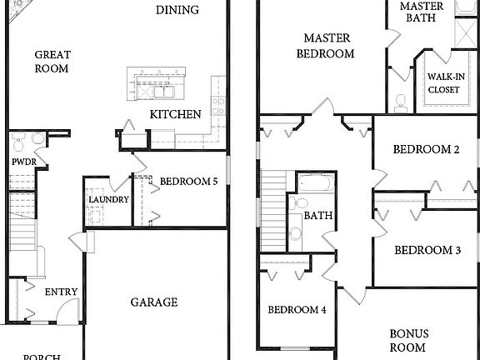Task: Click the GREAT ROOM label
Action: pos(52,62)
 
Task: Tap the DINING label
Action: pos(177,10)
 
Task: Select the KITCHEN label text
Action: pos(175,114)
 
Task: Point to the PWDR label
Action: pos(21,162)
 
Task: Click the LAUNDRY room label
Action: pos(108,200)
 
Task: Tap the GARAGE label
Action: pos(153,302)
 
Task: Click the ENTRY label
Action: pos(61,292)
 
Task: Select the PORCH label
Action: pos(41,357)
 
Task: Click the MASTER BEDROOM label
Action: pos(328,46)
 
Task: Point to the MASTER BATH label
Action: pos(422,12)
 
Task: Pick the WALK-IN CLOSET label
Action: pos(446,82)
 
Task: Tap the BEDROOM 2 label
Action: pos(427,150)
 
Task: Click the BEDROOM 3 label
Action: pos(427,250)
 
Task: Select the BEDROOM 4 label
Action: pos(297,310)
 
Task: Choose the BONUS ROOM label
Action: pos(408,340)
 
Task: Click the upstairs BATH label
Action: pos(317,215)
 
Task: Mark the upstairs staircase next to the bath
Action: pos(273,208)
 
